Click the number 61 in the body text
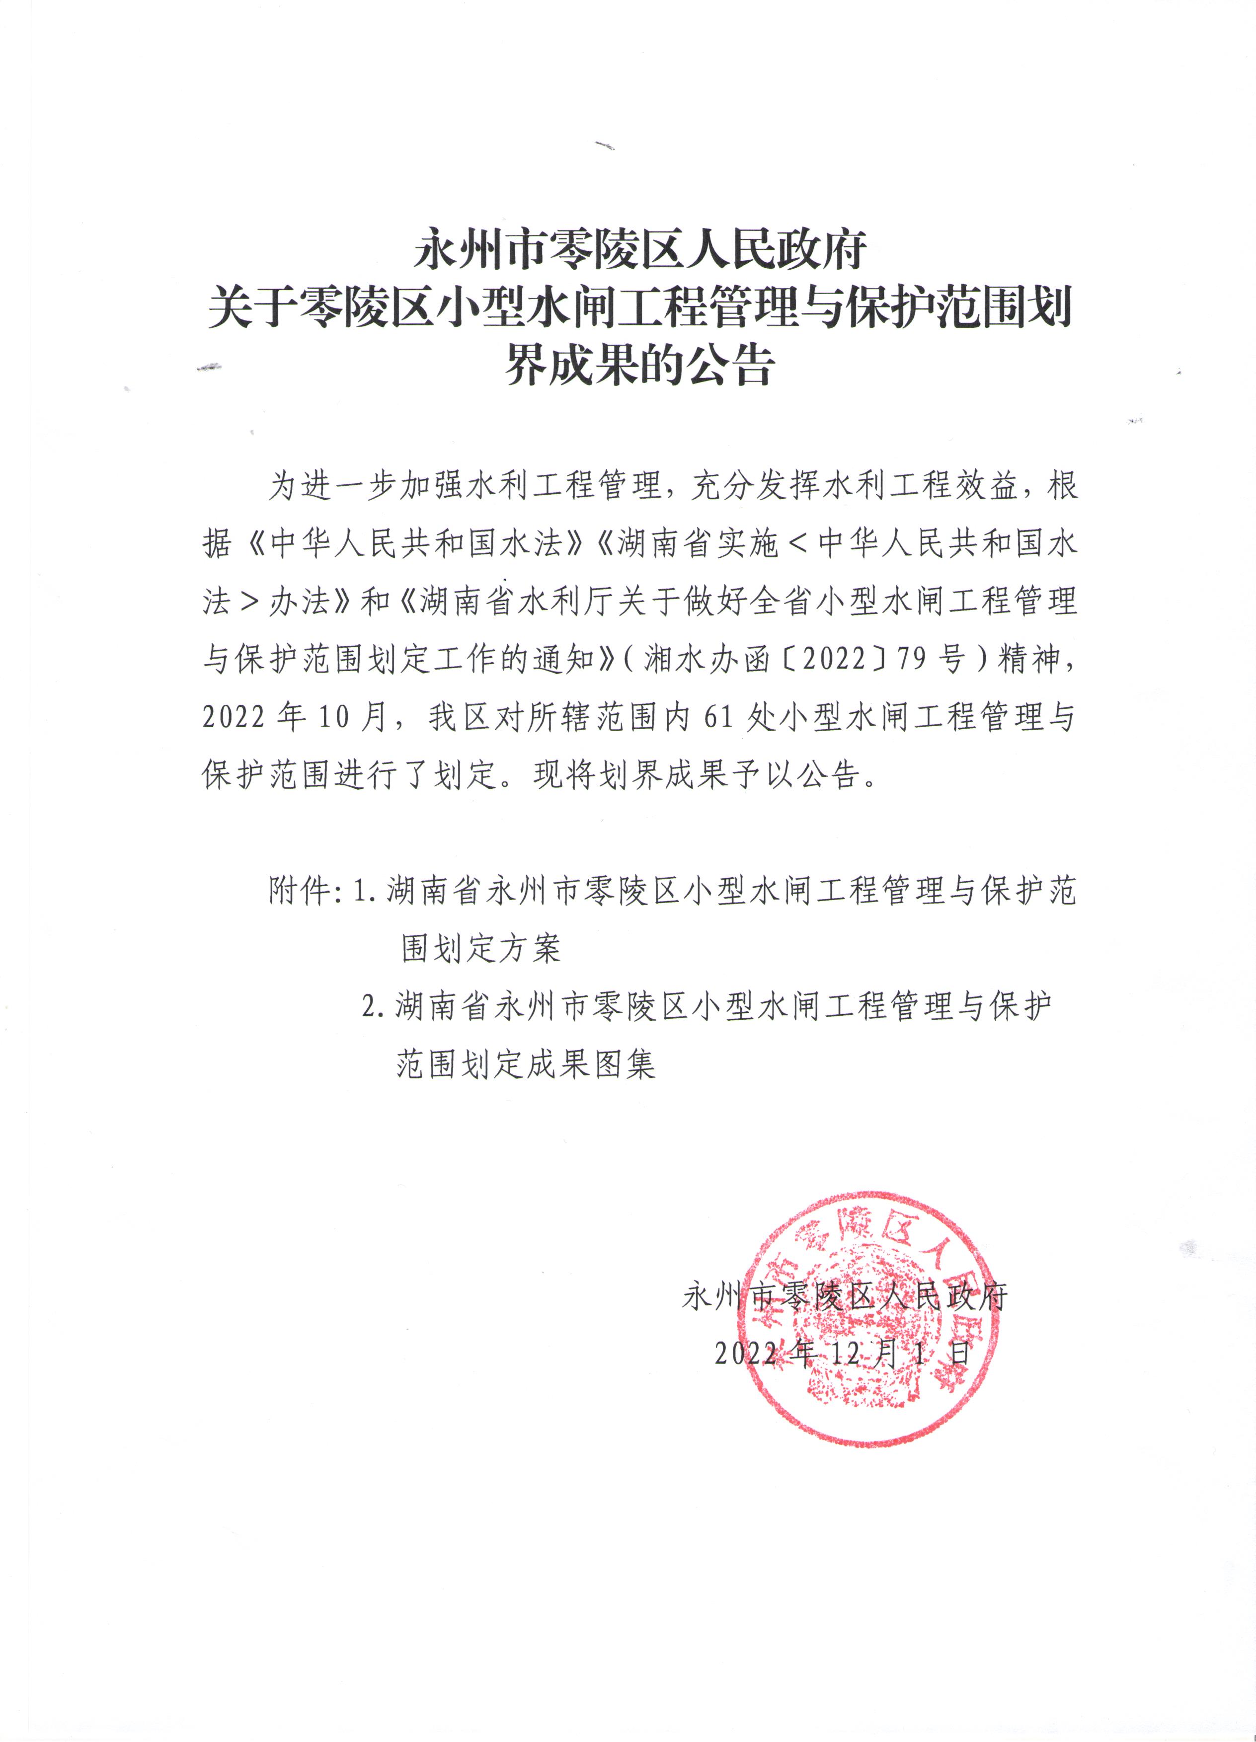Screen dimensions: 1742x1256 tap(719, 717)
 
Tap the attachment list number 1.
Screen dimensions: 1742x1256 tap(362, 891)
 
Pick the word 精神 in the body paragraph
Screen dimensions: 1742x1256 tap(1030, 659)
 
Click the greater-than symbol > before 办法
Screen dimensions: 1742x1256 tap(250, 602)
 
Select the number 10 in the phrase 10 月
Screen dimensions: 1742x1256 tap(334, 717)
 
